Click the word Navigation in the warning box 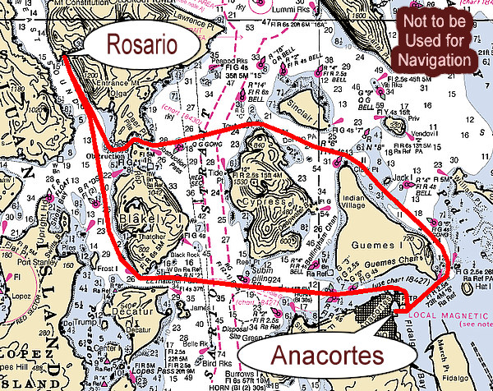click(x=435, y=60)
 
